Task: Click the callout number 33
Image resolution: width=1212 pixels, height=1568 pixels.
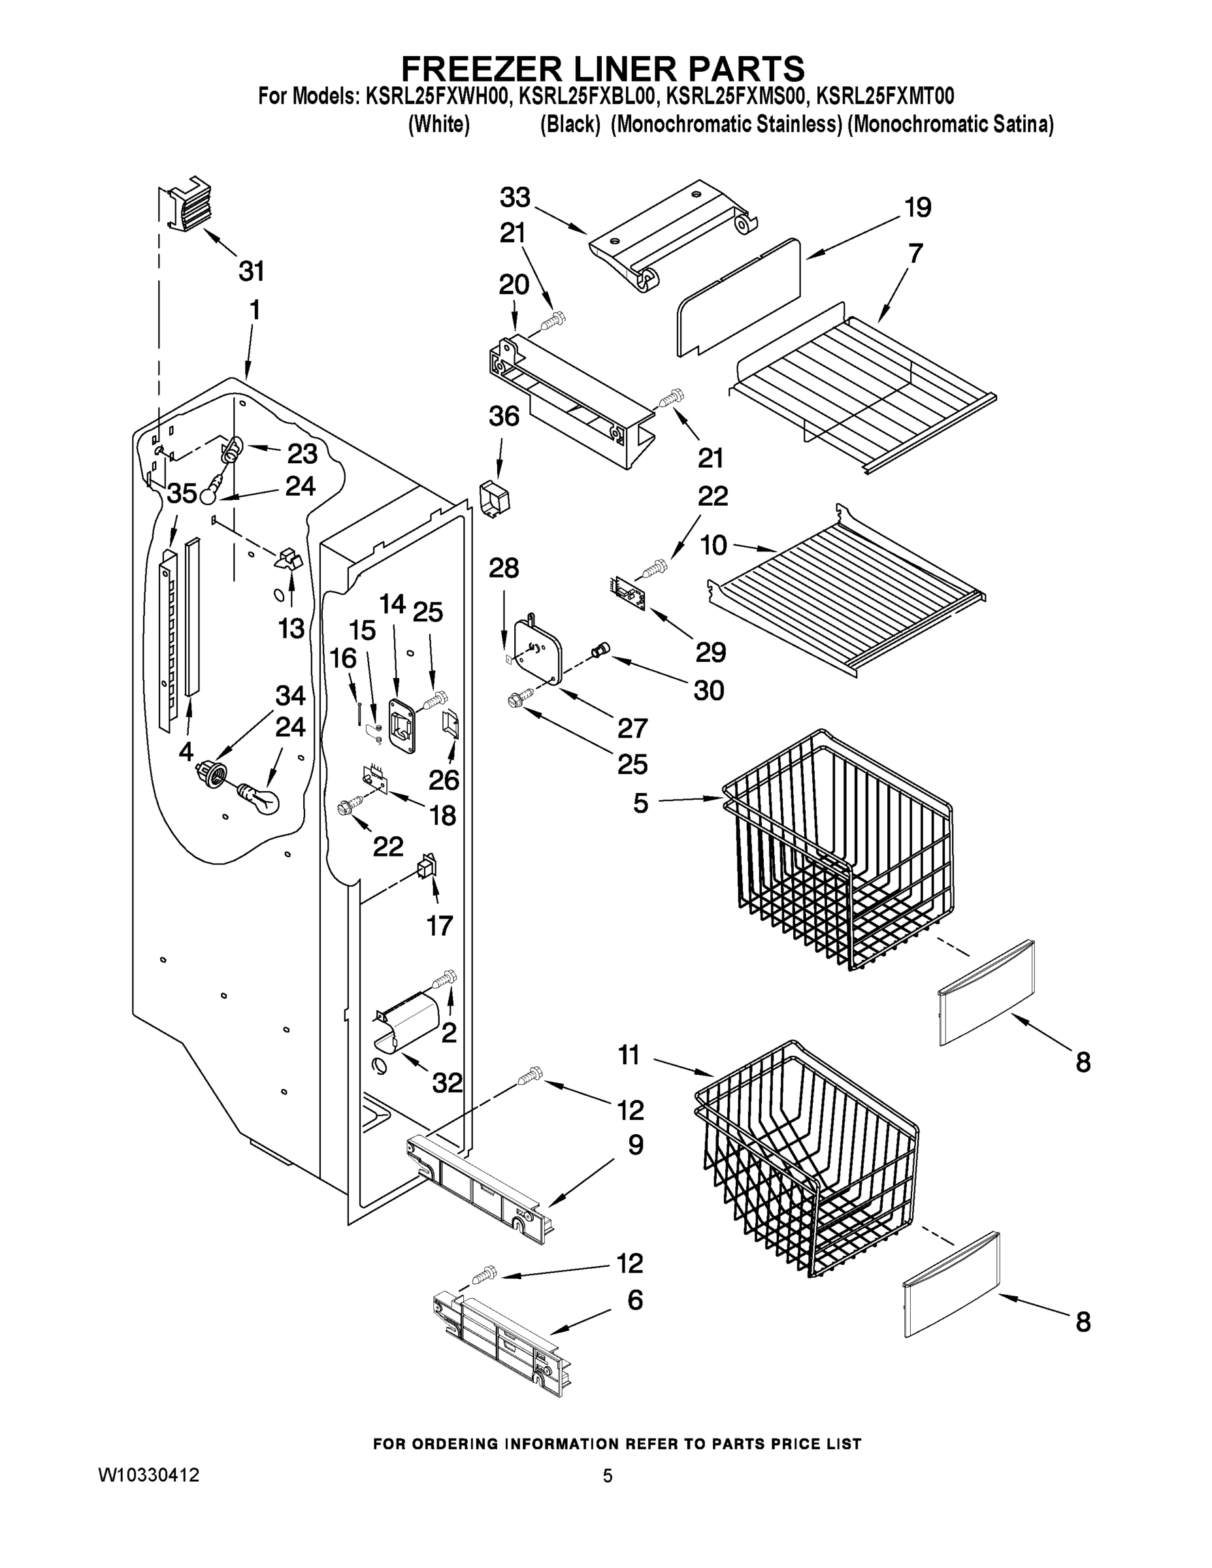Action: point(515,197)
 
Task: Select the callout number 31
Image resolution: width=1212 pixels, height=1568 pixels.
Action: point(252,271)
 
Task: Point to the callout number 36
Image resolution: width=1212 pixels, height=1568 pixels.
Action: point(503,416)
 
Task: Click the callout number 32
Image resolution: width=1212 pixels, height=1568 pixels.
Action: point(447,1083)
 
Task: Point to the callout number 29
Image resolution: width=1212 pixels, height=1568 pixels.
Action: point(710,652)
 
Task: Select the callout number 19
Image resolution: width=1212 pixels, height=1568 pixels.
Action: point(917,208)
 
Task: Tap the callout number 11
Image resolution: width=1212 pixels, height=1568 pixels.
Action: point(629,1055)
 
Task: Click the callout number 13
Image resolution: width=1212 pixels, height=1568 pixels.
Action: point(291,629)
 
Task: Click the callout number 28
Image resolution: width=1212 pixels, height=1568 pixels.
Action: point(503,568)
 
